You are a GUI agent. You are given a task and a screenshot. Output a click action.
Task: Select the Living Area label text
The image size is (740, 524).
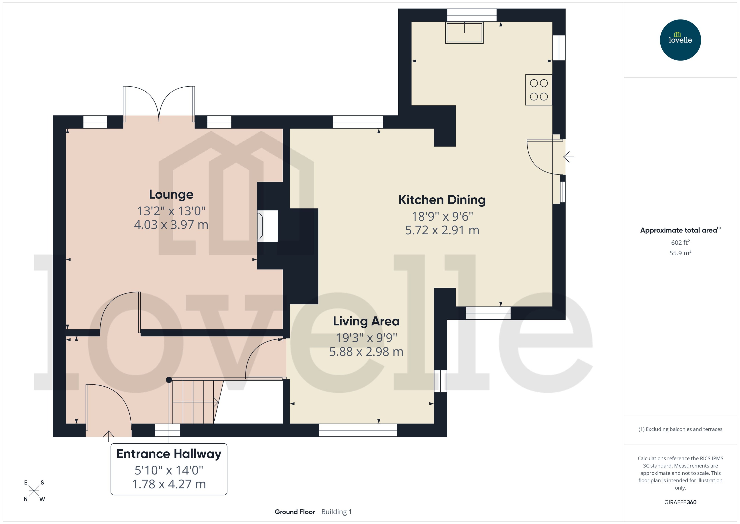[366, 321]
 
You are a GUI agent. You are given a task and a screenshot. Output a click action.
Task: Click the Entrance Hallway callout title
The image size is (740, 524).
[169, 454]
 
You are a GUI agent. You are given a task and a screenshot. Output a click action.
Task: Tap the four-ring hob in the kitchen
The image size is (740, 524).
[539, 90]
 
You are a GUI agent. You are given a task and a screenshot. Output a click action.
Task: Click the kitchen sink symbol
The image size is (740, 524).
[464, 33]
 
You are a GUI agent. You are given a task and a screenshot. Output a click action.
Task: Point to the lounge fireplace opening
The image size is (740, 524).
[267, 226]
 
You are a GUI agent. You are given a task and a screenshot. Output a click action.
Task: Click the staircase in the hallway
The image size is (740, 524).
[193, 402]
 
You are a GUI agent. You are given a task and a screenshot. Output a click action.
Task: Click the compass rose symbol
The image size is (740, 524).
[34, 491]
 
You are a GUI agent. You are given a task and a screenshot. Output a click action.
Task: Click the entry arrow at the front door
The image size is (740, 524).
[109, 436]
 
